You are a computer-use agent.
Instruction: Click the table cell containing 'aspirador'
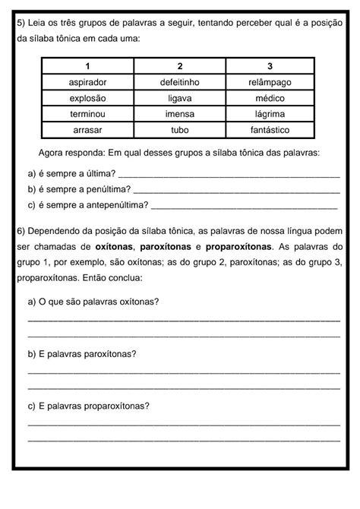tap(87, 81)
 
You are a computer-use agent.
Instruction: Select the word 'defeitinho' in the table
tap(179, 81)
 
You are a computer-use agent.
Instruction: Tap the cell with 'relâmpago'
tap(270, 81)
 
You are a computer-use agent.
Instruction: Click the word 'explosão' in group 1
tap(87, 98)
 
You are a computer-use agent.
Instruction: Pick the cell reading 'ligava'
tap(179, 98)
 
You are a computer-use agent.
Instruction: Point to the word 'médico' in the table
tap(270, 98)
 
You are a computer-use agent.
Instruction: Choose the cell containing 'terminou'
tap(87, 114)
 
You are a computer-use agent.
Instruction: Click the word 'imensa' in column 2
tap(179, 114)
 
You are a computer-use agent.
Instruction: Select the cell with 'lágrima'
tap(270, 114)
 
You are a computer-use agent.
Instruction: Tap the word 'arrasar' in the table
tap(87, 130)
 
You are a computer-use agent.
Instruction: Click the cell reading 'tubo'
tap(179, 130)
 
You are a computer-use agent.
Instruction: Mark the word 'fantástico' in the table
tap(270, 130)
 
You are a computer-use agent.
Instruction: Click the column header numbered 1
tap(87, 66)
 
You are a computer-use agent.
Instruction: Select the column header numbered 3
tap(270, 66)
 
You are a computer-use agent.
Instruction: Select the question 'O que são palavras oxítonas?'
tap(93, 301)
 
